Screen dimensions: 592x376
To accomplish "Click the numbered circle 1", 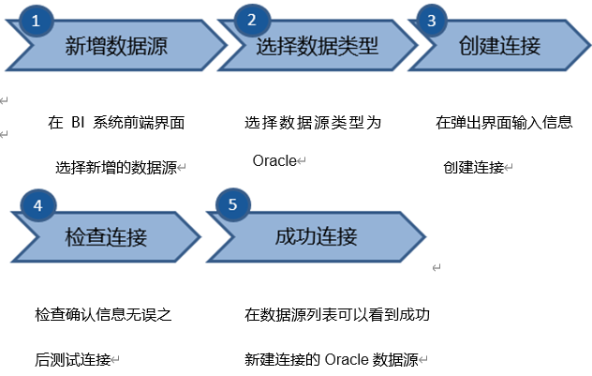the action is tap(36, 21).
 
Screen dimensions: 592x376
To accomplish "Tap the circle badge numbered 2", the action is tap(252, 20).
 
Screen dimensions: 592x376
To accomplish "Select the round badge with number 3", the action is tap(432, 21).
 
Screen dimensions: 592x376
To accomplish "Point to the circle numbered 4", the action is tap(37, 205).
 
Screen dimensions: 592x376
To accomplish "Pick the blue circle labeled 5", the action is tap(233, 204).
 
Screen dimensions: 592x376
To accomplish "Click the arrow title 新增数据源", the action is tap(116, 46).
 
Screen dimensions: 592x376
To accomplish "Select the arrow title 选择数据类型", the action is tap(318, 46).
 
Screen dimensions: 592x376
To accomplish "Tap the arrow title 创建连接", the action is tap(499, 46).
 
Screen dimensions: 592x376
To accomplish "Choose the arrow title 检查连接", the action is tap(106, 237).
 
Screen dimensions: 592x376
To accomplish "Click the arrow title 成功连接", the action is tap(316, 236).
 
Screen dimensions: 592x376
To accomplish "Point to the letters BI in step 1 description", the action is tap(78, 123).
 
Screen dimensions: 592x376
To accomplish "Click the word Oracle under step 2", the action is tap(274, 160).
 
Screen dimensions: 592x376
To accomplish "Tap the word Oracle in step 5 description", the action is tap(347, 359).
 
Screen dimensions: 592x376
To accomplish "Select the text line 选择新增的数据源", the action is tap(116, 168).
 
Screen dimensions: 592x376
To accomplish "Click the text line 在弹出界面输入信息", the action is tap(504, 123).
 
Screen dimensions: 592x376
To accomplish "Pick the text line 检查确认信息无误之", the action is tap(103, 314).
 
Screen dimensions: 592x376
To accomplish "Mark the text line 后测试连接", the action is tap(73, 359).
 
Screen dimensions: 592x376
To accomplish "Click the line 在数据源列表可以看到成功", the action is tap(337, 314).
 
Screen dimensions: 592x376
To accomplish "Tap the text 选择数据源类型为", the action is tap(313, 123).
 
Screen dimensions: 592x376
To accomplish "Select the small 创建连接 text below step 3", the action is tap(474, 168).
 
